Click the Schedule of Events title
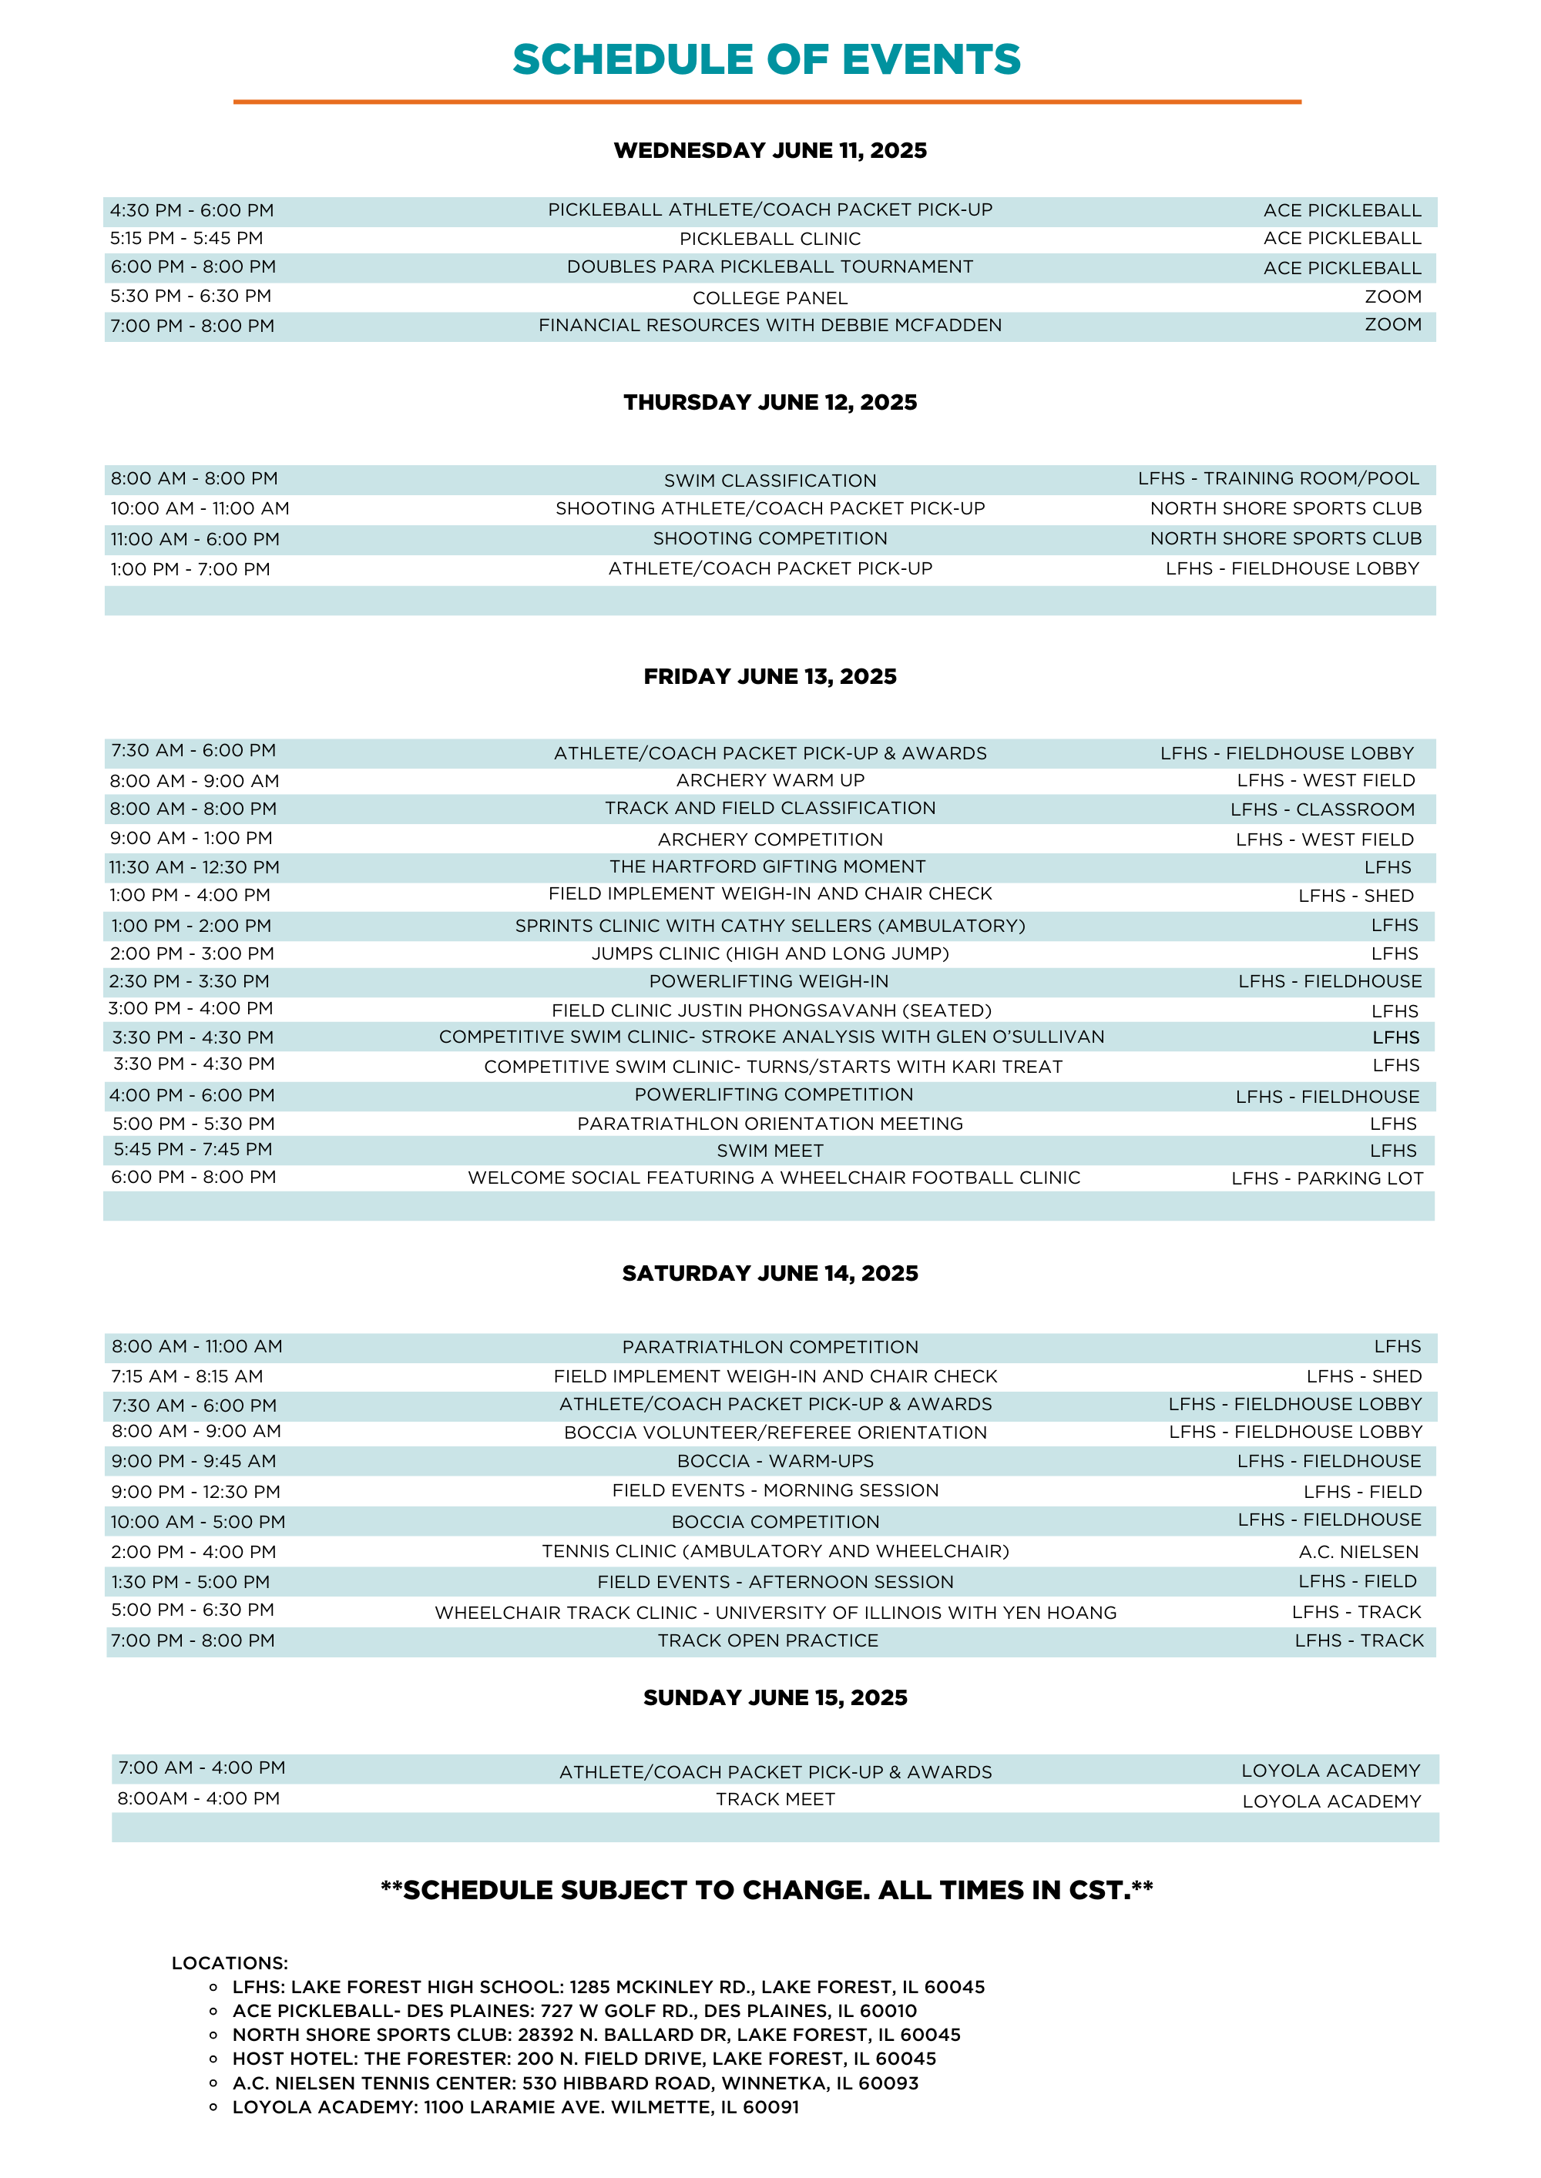(x=767, y=60)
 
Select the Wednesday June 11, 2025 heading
(x=770, y=150)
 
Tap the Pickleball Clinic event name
(x=770, y=239)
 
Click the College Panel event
(x=770, y=298)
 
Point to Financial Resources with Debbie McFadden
(x=770, y=325)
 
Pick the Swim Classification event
(x=770, y=481)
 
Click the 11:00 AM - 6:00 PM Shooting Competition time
(x=194, y=540)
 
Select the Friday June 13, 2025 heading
(x=770, y=676)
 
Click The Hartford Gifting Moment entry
(x=767, y=867)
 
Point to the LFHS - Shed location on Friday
(x=1355, y=896)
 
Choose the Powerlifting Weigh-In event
(x=769, y=982)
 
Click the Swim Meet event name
(x=770, y=1151)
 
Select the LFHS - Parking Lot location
(x=1327, y=1179)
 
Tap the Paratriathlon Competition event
(x=770, y=1348)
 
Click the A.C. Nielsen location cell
(x=1358, y=1553)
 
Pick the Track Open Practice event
(x=767, y=1641)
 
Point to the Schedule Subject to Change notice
(x=767, y=1891)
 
